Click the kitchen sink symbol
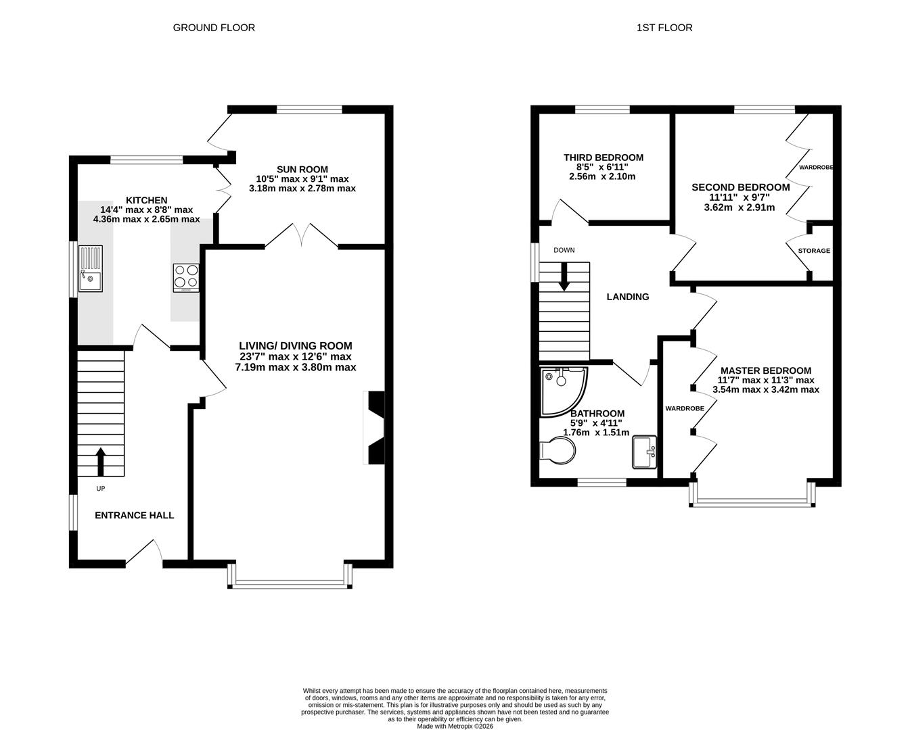coord(90,269)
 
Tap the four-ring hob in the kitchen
coord(186,277)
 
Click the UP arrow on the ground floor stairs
coord(100,461)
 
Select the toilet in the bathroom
coord(558,451)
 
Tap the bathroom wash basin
coord(643,452)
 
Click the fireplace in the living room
coord(373,428)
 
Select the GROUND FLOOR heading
coord(214,28)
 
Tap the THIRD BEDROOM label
coord(604,157)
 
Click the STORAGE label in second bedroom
coord(814,251)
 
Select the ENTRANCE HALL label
coord(134,515)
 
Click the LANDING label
coord(627,297)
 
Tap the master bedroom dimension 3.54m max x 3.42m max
coord(766,390)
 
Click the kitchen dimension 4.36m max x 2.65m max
coord(146,220)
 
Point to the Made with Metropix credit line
coord(455,726)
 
